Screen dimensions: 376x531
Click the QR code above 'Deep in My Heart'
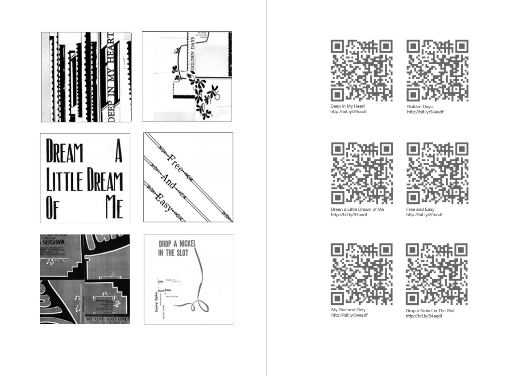361,71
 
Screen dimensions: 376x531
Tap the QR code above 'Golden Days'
438,71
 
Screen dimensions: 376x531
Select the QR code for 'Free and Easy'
438,173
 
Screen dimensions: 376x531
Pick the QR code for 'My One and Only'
361,274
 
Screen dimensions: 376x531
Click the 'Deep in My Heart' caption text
348,106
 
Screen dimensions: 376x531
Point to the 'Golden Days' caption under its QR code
419,107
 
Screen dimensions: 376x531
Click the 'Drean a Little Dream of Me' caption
357,209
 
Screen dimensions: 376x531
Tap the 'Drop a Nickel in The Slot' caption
430,311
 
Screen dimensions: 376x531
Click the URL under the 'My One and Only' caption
349,315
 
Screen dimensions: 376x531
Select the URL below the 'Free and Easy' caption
424,215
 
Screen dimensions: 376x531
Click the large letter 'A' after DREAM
118,152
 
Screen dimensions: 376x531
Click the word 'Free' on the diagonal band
173,162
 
